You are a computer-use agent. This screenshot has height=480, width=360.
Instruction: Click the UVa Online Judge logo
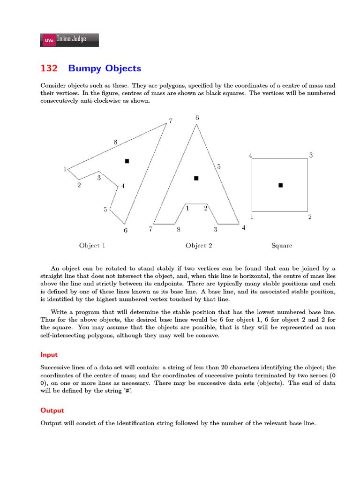(x=70, y=40)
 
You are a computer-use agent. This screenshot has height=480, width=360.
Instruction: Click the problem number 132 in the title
(x=49, y=68)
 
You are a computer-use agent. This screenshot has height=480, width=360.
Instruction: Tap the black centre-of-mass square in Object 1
(x=127, y=161)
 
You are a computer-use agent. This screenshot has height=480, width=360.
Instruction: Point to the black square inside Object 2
(x=196, y=178)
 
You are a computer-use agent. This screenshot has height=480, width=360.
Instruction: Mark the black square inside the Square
(x=281, y=185)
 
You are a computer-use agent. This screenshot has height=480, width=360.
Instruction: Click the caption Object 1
(x=92, y=246)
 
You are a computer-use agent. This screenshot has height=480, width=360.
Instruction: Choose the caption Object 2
(x=199, y=246)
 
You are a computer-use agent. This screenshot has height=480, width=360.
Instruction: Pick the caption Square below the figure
(x=282, y=246)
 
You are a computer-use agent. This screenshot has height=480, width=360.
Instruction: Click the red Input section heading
(x=49, y=355)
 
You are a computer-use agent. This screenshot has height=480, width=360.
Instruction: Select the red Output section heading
(x=52, y=410)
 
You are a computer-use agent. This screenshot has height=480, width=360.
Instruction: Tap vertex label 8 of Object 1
(x=115, y=142)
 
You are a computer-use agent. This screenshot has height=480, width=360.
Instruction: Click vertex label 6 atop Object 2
(x=197, y=118)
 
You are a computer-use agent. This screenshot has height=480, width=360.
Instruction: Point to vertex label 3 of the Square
(x=310, y=155)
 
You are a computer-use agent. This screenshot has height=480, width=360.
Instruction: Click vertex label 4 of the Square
(x=250, y=155)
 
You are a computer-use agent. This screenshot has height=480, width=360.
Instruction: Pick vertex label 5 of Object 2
(x=218, y=166)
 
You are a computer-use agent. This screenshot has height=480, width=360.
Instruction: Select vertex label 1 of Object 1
(x=65, y=169)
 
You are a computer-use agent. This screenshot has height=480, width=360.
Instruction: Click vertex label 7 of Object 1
(x=171, y=121)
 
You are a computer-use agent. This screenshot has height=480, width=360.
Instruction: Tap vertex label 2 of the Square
(x=310, y=217)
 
